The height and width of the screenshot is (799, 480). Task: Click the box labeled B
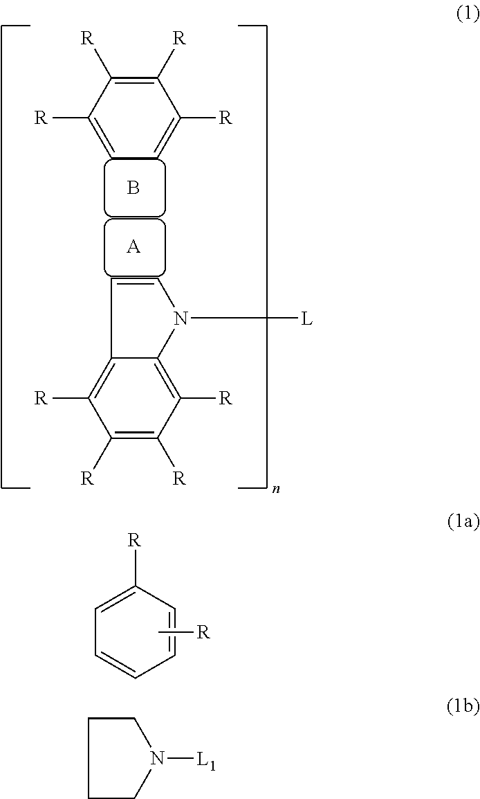pos(134,188)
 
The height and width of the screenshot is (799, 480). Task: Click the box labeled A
pos(134,247)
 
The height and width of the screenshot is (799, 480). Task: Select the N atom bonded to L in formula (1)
pos(181,318)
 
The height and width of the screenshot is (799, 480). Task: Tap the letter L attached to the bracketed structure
pos(306,319)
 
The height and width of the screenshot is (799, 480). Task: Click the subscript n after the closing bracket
pos(276,489)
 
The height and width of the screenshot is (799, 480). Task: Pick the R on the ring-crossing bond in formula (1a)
pos(203,632)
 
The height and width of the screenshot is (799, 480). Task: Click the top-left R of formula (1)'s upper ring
pos(87,39)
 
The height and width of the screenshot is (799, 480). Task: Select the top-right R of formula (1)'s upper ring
pos(179,39)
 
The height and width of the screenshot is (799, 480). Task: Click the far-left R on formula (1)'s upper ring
pos(41,118)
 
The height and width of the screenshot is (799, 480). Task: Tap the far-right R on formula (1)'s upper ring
pos(225,118)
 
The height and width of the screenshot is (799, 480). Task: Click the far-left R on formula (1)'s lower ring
pos(41,399)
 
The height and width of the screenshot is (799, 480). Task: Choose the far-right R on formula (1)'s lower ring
pos(225,399)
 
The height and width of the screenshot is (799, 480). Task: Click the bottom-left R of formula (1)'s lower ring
pos(87,478)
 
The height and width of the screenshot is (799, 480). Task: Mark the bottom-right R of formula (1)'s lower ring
pos(179,478)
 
